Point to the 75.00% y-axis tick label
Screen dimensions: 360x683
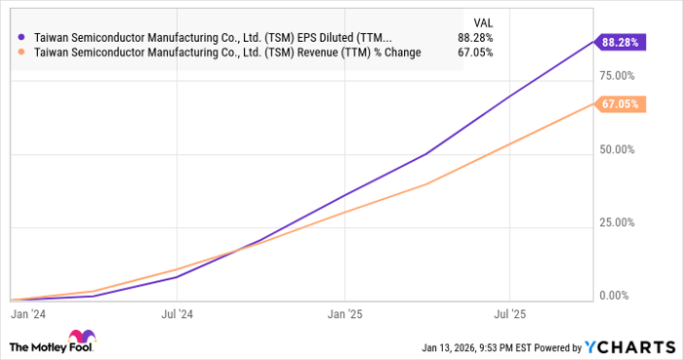(618, 75)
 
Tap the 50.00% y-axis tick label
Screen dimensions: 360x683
(618, 149)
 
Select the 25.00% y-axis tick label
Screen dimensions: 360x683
(618, 222)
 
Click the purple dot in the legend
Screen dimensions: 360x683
(21, 38)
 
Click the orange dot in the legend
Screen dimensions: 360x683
(21, 53)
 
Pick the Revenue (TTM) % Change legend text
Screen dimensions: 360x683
(226, 53)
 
